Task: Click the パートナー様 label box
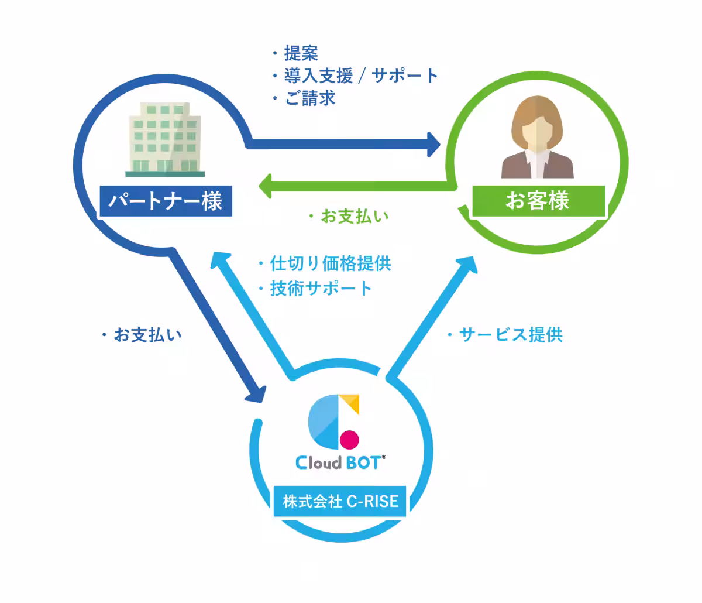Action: click(167, 201)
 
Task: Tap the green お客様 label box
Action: click(537, 201)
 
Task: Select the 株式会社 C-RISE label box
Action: click(340, 501)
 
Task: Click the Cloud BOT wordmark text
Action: click(340, 462)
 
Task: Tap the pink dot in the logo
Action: click(350, 438)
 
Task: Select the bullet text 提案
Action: click(301, 54)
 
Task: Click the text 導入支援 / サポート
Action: click(361, 76)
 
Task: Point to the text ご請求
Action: click(310, 98)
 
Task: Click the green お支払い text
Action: click(355, 217)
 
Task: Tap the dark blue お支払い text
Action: click(147, 335)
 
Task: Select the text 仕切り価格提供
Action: click(331, 263)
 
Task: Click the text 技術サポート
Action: click(321, 288)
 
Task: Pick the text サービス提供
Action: click(511, 335)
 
